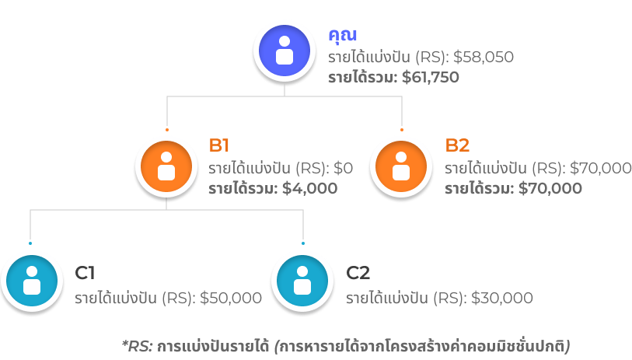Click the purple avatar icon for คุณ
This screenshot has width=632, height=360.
285,51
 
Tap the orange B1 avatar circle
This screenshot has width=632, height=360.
166,165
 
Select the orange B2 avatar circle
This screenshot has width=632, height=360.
401,165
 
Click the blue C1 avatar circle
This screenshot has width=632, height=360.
31,279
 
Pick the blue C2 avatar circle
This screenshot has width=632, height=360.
302,279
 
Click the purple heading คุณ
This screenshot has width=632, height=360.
342,35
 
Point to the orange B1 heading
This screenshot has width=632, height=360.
219,145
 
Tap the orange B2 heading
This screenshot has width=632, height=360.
457,145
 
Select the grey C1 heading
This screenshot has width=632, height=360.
86,272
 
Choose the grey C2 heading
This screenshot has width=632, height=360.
358,272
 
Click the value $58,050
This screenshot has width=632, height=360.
484,57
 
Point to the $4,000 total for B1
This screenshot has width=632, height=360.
311,187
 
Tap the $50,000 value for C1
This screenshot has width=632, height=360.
231,298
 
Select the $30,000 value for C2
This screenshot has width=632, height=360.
502,298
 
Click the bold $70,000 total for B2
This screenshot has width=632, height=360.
550,187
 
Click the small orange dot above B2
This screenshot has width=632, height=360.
401,129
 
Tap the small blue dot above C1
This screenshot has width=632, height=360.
30,243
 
